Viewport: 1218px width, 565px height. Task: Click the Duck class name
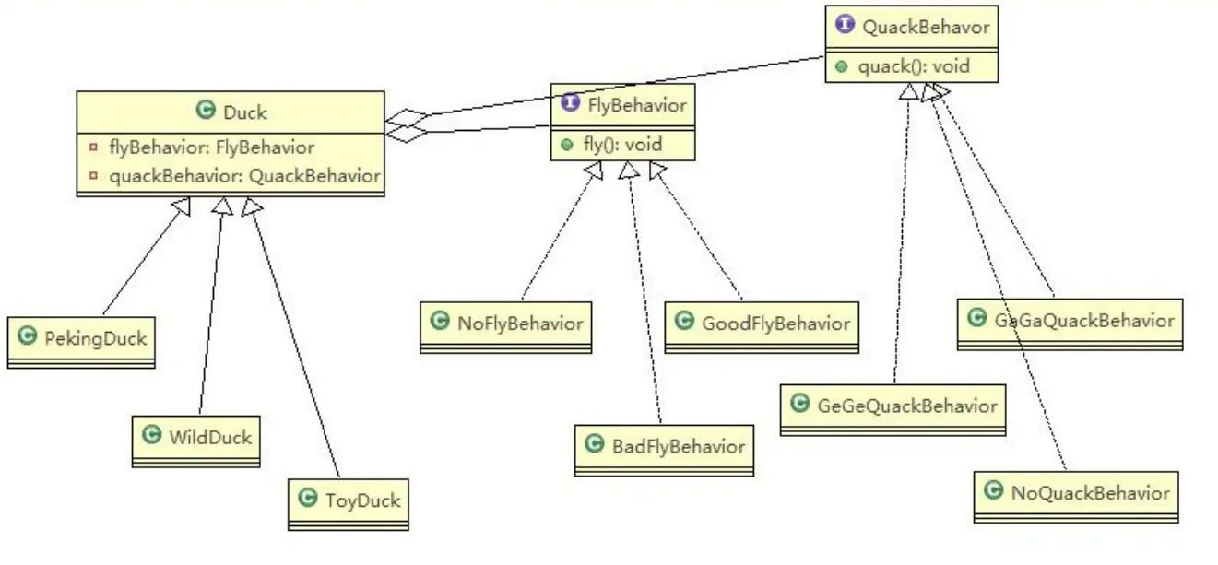click(x=244, y=112)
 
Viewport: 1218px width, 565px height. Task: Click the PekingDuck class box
click(x=80, y=338)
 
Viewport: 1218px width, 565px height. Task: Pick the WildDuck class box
click(x=195, y=436)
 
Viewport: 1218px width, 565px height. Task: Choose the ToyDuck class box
click(x=348, y=500)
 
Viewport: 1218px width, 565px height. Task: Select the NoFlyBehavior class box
click(x=506, y=323)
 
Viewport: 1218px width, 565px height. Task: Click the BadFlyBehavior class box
click(x=664, y=446)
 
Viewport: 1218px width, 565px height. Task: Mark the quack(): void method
click(x=913, y=66)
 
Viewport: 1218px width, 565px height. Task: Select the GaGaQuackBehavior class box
click(x=1070, y=320)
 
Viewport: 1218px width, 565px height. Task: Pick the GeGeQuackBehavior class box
click(x=893, y=406)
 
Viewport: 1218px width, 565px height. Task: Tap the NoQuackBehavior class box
click(x=1076, y=492)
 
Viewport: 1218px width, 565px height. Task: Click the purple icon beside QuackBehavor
click(x=845, y=26)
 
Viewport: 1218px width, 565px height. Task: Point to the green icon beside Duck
click(x=207, y=112)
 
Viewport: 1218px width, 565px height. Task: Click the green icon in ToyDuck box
click(x=308, y=500)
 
